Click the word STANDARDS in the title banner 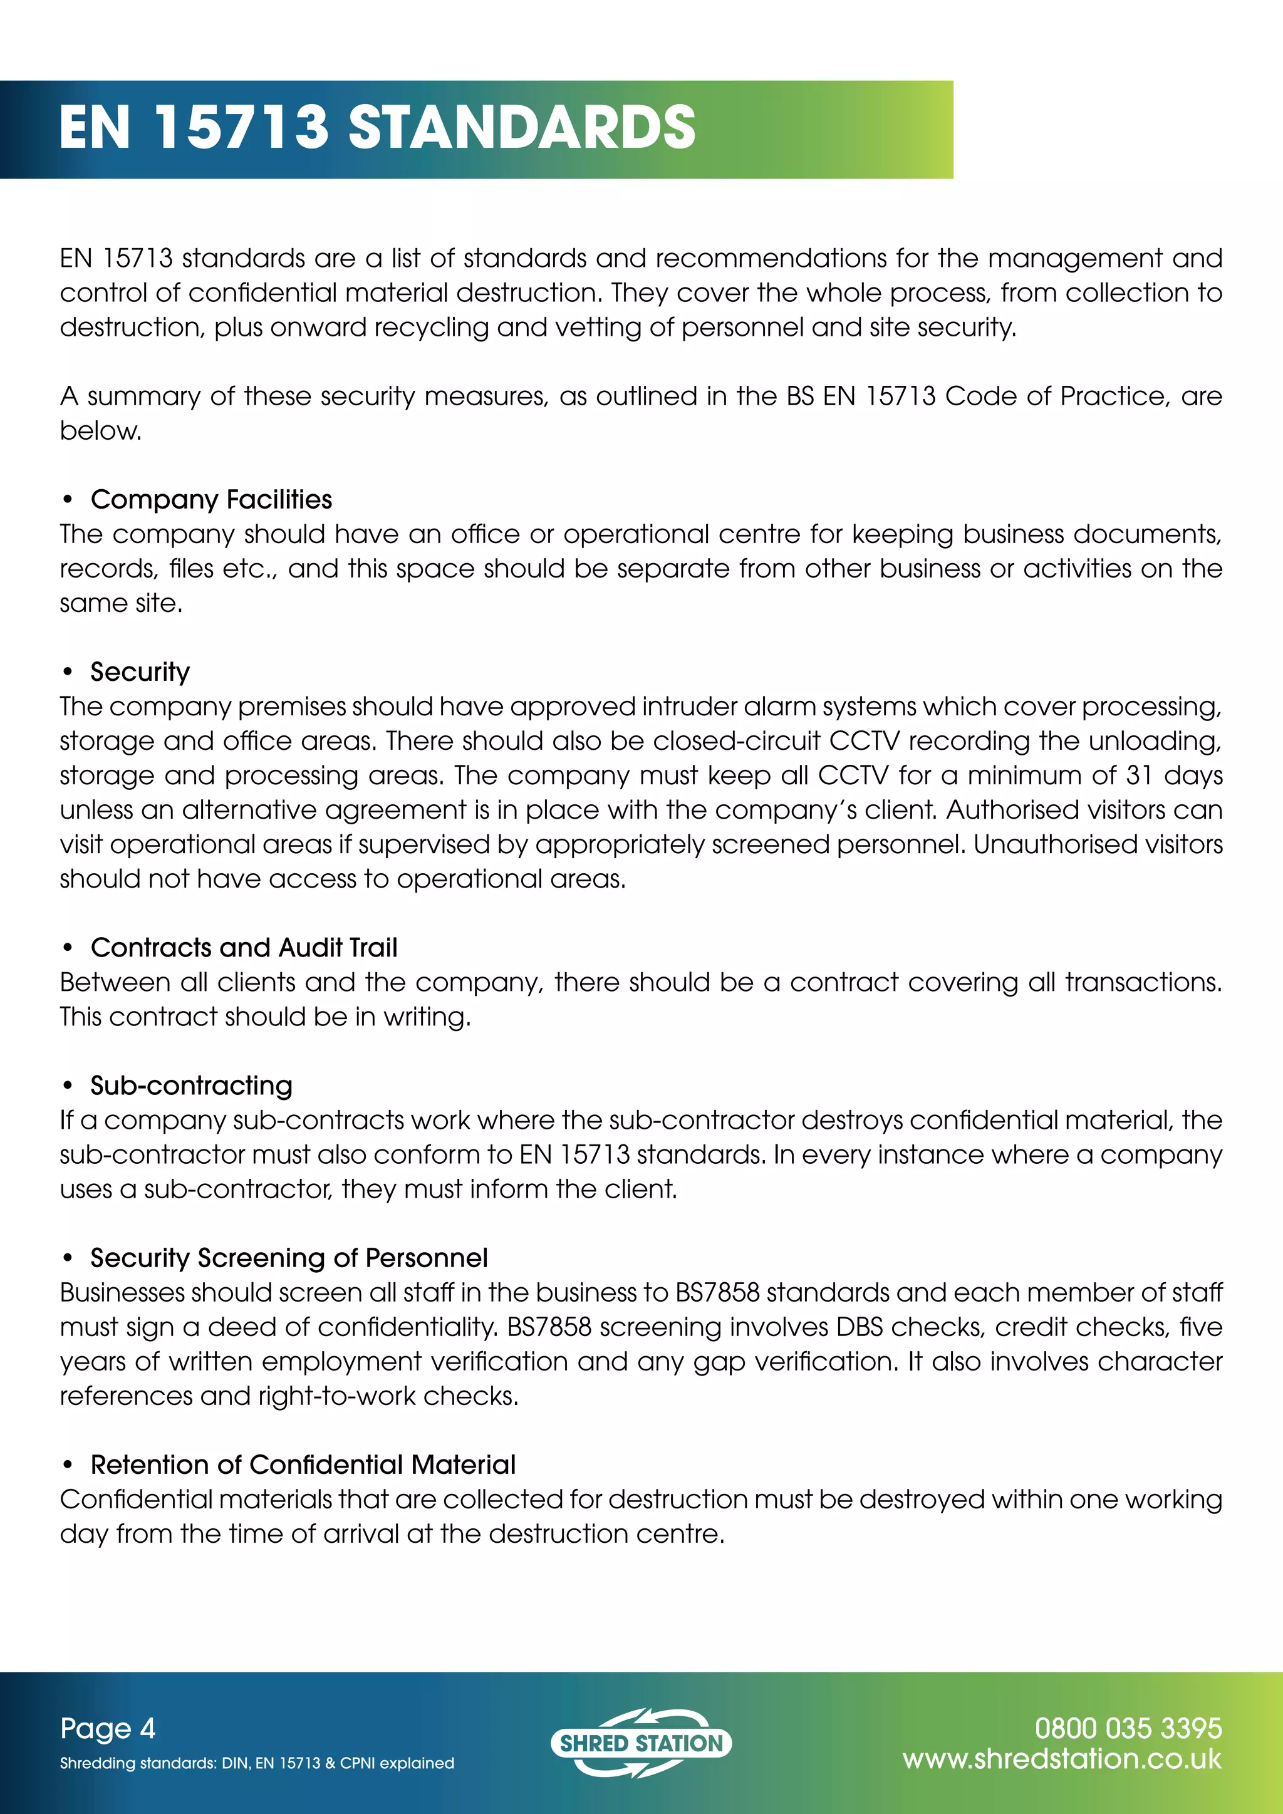pos(521,127)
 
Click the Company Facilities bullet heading pos(211,500)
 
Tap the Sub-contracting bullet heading pos(191,1086)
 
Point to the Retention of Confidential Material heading pos(303,1464)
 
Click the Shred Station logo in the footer pos(641,1743)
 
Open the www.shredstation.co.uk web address pos(1062,1760)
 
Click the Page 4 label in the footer pos(108,1729)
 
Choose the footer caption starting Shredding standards pos(257,1763)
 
